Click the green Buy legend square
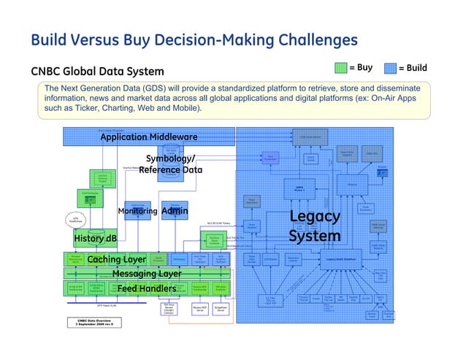pos(340,69)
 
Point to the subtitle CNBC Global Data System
pos(97,72)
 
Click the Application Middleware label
pos(148,137)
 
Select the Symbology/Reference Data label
pos(170,164)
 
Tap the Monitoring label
pos(137,212)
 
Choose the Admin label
pos(175,212)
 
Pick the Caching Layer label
pos(117,259)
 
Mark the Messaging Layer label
pos(147,274)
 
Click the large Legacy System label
pos(315,226)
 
